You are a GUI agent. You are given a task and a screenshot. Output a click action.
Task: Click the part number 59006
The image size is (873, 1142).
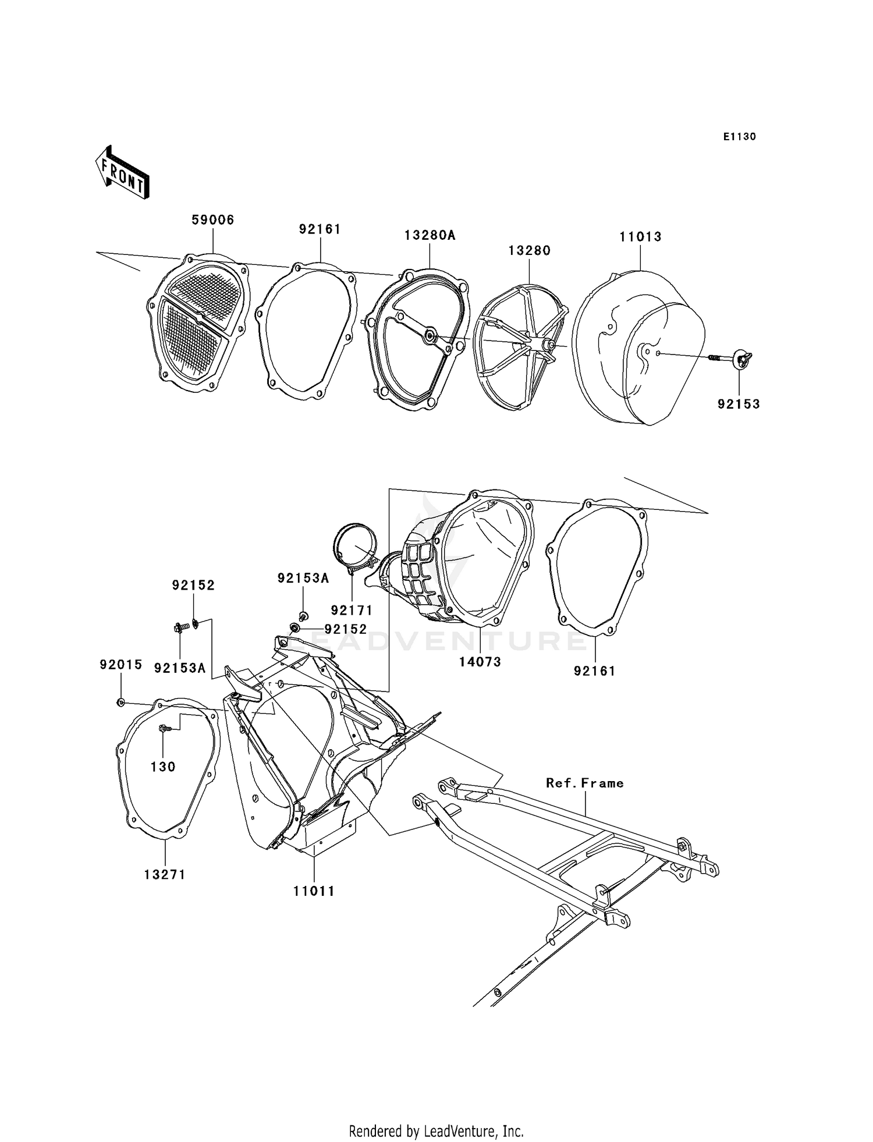pyautogui.click(x=213, y=220)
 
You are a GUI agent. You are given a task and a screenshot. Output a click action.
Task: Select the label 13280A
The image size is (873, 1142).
pyautogui.click(x=430, y=235)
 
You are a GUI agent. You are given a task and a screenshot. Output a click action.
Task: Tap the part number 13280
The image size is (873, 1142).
pyautogui.click(x=529, y=250)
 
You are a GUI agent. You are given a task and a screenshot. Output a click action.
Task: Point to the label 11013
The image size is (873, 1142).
pyautogui.click(x=640, y=237)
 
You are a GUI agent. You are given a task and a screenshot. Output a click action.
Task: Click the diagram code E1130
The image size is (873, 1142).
pyautogui.click(x=739, y=137)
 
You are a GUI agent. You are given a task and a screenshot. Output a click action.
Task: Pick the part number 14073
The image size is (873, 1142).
pyautogui.click(x=480, y=662)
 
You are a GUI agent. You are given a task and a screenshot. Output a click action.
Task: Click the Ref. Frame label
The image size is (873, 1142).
pyautogui.click(x=584, y=783)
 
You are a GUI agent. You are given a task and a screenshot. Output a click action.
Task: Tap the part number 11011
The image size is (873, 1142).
pyautogui.click(x=314, y=891)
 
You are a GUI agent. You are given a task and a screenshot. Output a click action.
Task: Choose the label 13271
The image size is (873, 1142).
pyautogui.click(x=165, y=874)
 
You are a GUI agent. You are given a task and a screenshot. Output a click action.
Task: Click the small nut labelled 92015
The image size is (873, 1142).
pyautogui.click(x=120, y=702)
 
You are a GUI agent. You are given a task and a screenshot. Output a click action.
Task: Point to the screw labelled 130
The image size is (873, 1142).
pyautogui.click(x=164, y=728)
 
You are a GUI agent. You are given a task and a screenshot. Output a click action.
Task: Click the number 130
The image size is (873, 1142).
pyautogui.click(x=163, y=767)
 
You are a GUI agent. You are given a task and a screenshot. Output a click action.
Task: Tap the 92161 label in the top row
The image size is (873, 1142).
pyautogui.click(x=320, y=229)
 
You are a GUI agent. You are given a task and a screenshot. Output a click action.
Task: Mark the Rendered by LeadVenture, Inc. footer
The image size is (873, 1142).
pyautogui.click(x=436, y=1131)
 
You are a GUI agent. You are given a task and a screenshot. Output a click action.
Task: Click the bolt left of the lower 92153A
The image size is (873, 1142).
pyautogui.click(x=180, y=627)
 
